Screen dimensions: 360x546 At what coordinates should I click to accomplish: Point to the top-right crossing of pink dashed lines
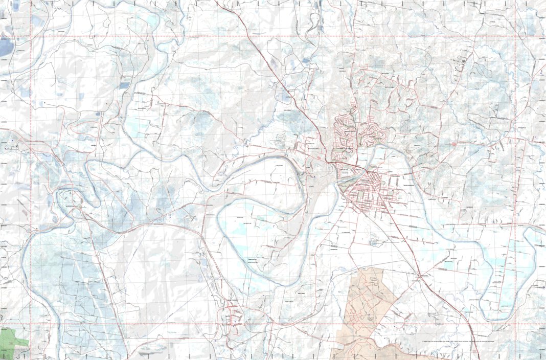[515, 37]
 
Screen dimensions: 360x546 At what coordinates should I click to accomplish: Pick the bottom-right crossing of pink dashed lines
[515, 324]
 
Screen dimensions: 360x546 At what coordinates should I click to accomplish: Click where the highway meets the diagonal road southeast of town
[420, 276]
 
